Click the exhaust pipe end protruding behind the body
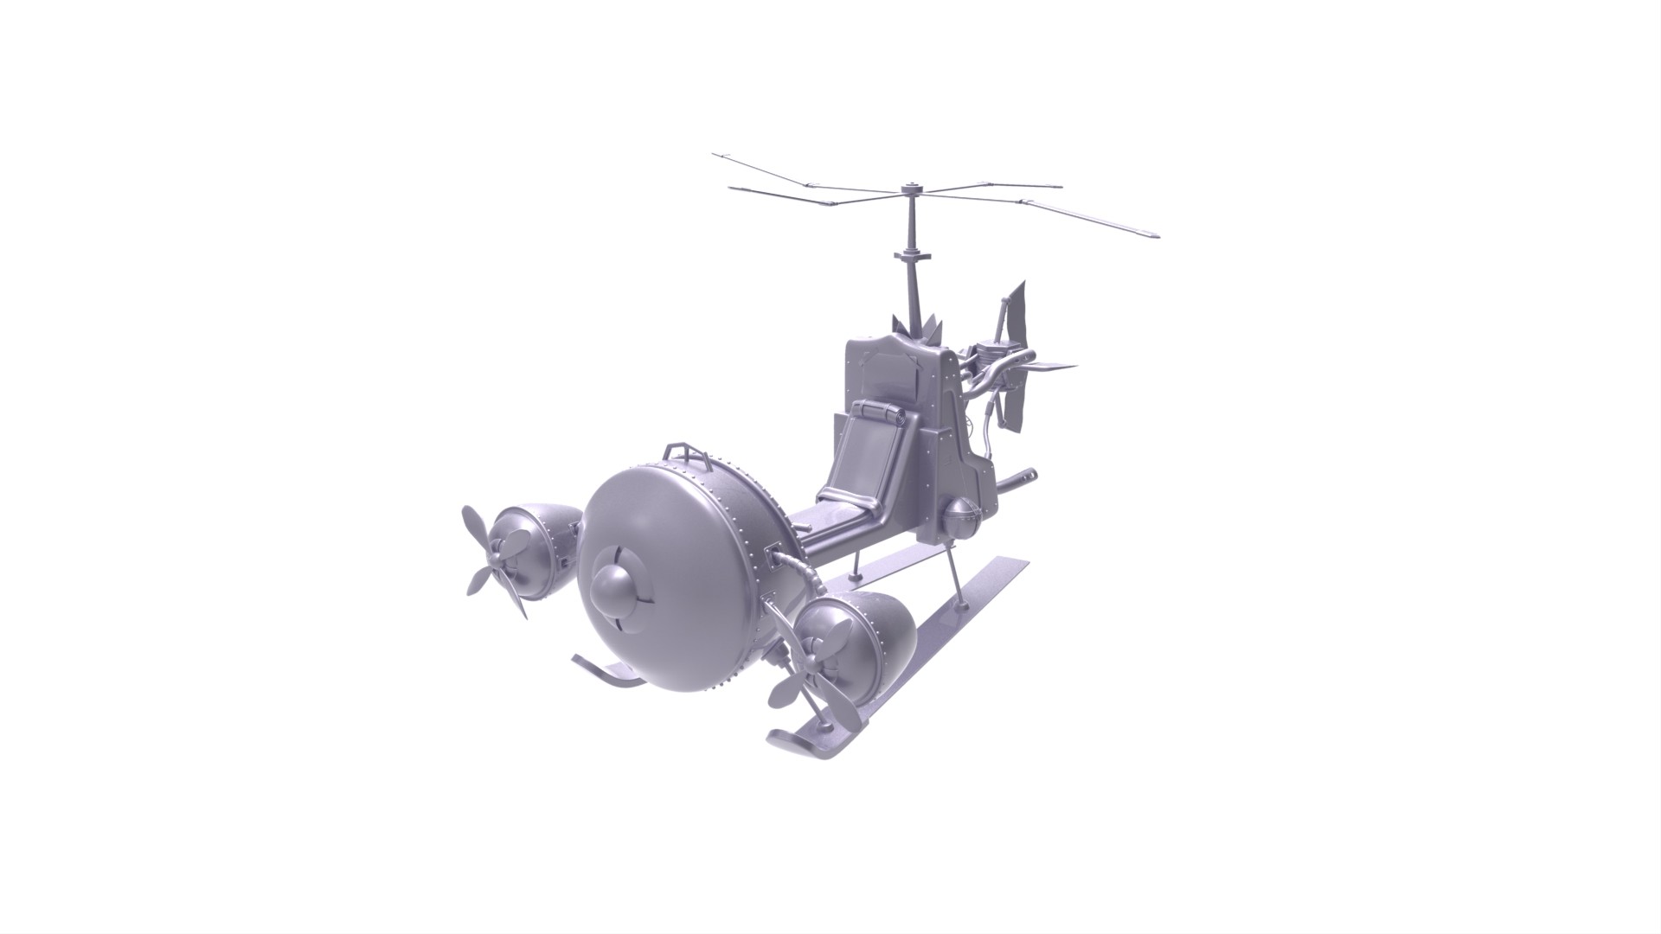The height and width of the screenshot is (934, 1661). (1027, 474)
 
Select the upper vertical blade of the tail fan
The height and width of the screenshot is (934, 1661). (1018, 311)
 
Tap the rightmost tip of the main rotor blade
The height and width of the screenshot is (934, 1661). (1154, 234)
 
